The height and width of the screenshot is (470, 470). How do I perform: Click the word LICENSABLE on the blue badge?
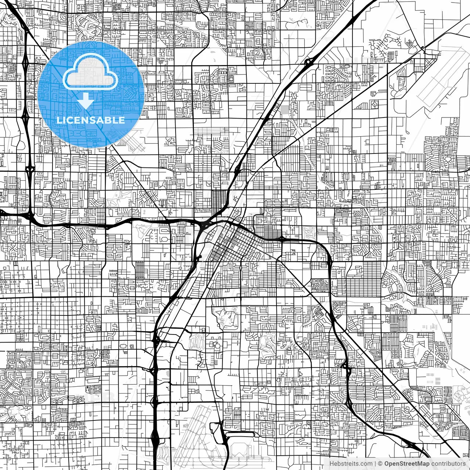pos(90,120)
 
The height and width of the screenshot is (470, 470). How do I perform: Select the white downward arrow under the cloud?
pos(86,101)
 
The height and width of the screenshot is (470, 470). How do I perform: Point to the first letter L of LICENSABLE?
pos(59,120)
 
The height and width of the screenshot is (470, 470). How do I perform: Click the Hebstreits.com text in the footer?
pos(351,464)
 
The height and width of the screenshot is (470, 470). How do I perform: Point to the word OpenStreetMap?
pos(406,464)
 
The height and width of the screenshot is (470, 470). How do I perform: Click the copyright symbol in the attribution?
pos(380,464)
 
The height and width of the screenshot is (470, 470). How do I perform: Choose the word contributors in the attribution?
pos(448,464)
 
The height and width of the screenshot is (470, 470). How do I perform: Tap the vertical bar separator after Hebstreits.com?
pos(375,464)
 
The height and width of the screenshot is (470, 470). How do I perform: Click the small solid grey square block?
pos(285,109)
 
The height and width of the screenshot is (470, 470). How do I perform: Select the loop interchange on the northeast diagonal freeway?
pos(308,63)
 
